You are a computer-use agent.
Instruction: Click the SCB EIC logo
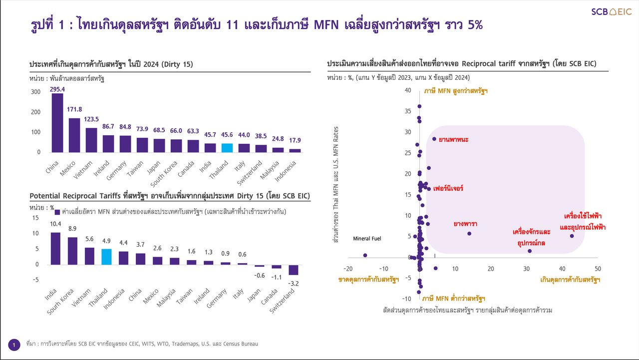611,12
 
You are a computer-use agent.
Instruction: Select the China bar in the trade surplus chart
57,123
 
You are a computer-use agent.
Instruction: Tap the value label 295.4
57,89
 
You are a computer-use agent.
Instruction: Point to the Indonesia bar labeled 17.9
295,150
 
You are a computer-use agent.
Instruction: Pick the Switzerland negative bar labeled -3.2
294,270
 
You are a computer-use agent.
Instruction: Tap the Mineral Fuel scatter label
367,239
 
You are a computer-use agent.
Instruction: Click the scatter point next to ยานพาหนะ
434,139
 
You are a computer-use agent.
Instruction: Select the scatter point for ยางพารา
469,233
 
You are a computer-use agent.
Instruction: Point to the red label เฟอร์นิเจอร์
448,189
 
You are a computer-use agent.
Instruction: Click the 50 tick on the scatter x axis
598,269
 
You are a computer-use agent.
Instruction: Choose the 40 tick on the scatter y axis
408,90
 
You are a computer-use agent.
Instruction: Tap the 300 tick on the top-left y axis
35,92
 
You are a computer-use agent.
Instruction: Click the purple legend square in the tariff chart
57,212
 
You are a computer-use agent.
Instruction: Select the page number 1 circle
14,345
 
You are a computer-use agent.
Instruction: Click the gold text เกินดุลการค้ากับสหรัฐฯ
570,280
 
